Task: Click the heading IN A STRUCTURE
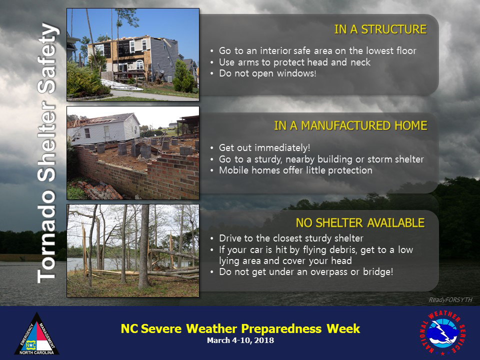(x=380, y=29)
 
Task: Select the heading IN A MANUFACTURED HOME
(x=350, y=126)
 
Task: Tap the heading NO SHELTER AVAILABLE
(x=360, y=223)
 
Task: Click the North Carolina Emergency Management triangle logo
(x=36, y=333)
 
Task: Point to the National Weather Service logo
(x=442, y=332)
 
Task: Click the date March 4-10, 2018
(x=240, y=340)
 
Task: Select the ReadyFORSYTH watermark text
(x=450, y=299)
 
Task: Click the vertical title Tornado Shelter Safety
(x=47, y=153)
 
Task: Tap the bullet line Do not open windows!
(x=267, y=73)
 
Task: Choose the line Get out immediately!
(x=264, y=148)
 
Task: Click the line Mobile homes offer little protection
(x=295, y=170)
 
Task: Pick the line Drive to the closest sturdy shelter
(x=291, y=238)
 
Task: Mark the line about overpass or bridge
(x=306, y=272)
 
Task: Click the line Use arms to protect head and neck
(x=295, y=62)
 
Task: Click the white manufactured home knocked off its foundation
(x=103, y=129)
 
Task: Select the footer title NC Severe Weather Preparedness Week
(x=240, y=328)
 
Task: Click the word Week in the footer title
(x=343, y=328)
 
